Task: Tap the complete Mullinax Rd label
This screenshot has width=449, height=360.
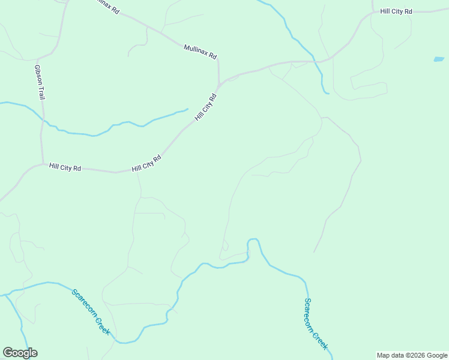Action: pos(200,51)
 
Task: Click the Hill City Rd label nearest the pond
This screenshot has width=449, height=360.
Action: pos(396,11)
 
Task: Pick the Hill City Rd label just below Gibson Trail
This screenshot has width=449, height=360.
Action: pos(65,167)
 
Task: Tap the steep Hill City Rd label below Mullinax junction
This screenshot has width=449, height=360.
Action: pos(205,108)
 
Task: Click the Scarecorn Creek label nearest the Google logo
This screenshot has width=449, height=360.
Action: pos(91,312)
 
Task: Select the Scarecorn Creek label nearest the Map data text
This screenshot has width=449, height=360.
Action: pos(316,324)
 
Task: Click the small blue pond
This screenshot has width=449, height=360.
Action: pos(439,59)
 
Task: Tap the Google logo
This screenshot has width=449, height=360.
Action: pos(20,353)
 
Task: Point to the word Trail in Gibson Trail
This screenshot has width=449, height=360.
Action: pos(41,92)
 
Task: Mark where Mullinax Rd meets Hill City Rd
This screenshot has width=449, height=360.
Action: pos(219,84)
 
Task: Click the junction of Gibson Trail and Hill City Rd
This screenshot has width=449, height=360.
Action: pos(43,163)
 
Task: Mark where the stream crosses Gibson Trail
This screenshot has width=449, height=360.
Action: pos(43,119)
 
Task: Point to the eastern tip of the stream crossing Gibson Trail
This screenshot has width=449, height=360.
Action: pos(188,109)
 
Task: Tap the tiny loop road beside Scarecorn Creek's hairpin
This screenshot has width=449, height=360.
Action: pos(225,245)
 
